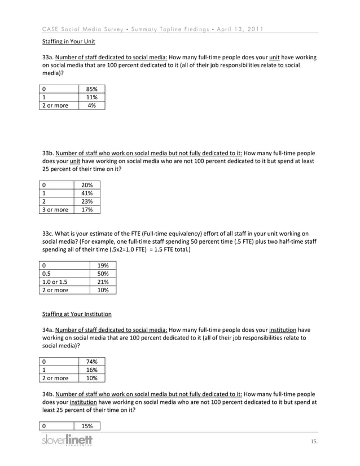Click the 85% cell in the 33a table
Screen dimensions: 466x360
pyautogui.click(x=91, y=89)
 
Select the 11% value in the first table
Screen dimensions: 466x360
pyautogui.click(x=91, y=97)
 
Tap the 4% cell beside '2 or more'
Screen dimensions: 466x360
pyautogui.click(x=91, y=105)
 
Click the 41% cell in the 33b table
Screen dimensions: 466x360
pyautogui.click(x=87, y=193)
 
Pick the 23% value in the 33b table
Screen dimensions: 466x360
pyautogui.click(x=87, y=201)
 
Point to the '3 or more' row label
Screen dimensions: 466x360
pyautogui.click(x=55, y=210)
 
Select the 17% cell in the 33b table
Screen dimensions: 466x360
pyautogui.click(x=87, y=210)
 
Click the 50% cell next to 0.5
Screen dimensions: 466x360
pyautogui.click(x=103, y=273)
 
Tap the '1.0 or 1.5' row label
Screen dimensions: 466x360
pyautogui.click(x=55, y=282)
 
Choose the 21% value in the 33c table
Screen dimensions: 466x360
pyautogui.click(x=103, y=282)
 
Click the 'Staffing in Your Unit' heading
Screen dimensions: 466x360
pyautogui.click(x=69, y=42)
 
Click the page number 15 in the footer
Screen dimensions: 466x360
pyautogui.click(x=314, y=441)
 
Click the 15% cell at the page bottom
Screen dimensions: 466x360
pyautogui.click(x=87, y=426)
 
